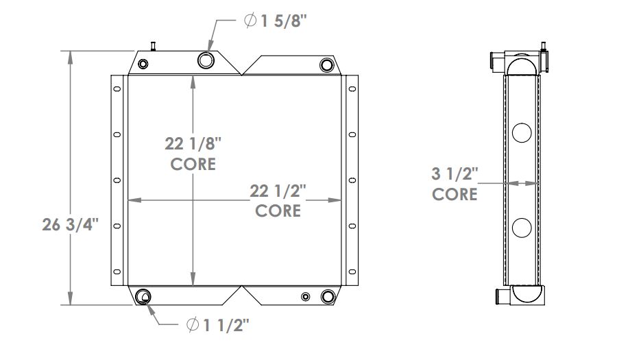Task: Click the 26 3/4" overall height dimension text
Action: point(71,224)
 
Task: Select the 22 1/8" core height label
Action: point(193,144)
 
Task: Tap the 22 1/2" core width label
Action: point(278,190)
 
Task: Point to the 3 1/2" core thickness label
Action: point(454,174)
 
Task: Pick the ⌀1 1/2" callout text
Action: point(217,324)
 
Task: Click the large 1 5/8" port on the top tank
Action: point(206,60)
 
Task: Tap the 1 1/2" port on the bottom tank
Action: point(144,297)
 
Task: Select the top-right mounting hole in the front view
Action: point(326,64)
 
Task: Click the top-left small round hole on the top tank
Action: point(143,64)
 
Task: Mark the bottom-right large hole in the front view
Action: point(327,297)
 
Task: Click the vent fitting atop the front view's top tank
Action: point(154,47)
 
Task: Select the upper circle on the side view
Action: point(522,132)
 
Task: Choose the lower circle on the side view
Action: point(522,226)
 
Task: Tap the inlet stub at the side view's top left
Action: point(495,61)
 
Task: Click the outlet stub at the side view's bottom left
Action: point(500,296)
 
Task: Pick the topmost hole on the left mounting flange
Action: point(117,89)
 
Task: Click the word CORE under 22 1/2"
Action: point(278,211)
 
